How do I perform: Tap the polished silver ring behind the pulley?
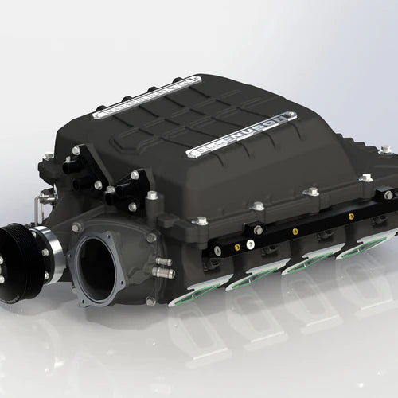point(49,254)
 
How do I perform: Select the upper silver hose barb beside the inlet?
point(162,260)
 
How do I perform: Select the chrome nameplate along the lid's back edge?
point(143,98)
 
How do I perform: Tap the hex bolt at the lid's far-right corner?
point(385,149)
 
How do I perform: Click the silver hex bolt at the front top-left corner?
point(76,150)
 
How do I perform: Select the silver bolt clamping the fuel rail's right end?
point(388,194)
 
